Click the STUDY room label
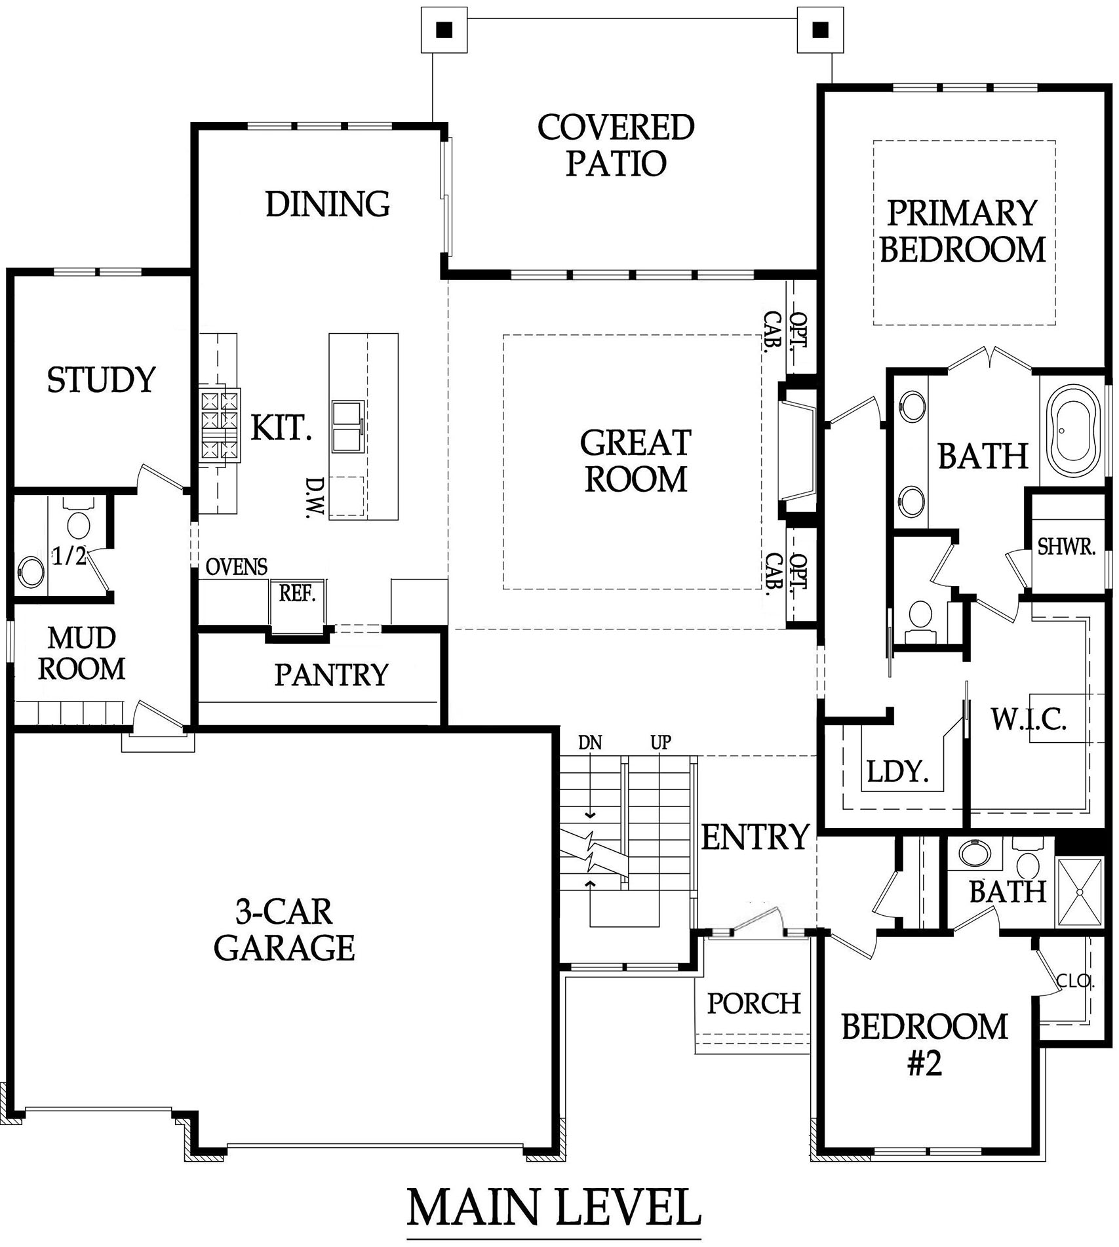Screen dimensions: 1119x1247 102,380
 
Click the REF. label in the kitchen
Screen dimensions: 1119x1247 298,593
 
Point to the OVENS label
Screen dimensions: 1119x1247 237,566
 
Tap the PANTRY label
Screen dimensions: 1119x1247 331,675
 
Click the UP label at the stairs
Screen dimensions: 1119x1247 661,743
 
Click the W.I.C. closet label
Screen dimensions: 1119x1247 1029,720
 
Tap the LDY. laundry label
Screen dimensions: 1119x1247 898,772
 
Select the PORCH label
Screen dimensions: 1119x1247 754,1003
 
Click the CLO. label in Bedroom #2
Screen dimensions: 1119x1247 1075,981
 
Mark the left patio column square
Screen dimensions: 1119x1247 444,29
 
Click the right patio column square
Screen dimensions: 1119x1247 820,29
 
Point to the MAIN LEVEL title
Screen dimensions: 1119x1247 554,1207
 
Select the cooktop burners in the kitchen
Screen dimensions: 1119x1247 219,424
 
